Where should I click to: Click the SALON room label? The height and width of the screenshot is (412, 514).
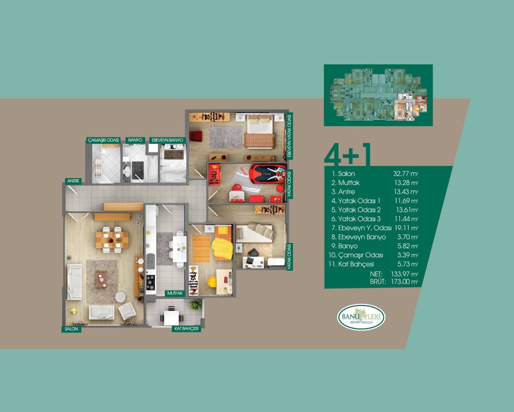tap(71, 329)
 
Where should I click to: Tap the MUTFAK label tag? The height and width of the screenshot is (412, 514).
tap(175, 293)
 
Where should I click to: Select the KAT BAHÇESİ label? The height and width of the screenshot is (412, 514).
tap(186, 329)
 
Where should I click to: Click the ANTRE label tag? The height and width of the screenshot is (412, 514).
tap(73, 181)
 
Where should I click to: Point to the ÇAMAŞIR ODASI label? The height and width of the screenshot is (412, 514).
tap(103, 140)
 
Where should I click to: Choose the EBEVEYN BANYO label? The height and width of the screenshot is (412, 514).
tap(168, 140)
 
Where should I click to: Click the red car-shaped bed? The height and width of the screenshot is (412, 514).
tap(268, 173)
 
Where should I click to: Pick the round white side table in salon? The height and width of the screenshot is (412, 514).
tap(120, 297)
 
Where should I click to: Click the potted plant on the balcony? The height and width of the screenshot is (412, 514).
tap(196, 305)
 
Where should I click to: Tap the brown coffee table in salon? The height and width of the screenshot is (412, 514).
tap(101, 279)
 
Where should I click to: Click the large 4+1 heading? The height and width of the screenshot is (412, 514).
tap(347, 155)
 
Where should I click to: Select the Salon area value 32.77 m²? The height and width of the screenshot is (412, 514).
tap(406, 173)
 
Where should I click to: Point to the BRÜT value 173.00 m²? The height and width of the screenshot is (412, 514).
tap(405, 281)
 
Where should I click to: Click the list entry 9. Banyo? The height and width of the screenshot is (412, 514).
tap(344, 246)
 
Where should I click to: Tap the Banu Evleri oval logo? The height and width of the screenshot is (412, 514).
tap(361, 317)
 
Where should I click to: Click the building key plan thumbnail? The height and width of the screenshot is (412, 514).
tap(379, 95)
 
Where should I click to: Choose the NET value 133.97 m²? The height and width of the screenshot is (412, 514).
tap(405, 274)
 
